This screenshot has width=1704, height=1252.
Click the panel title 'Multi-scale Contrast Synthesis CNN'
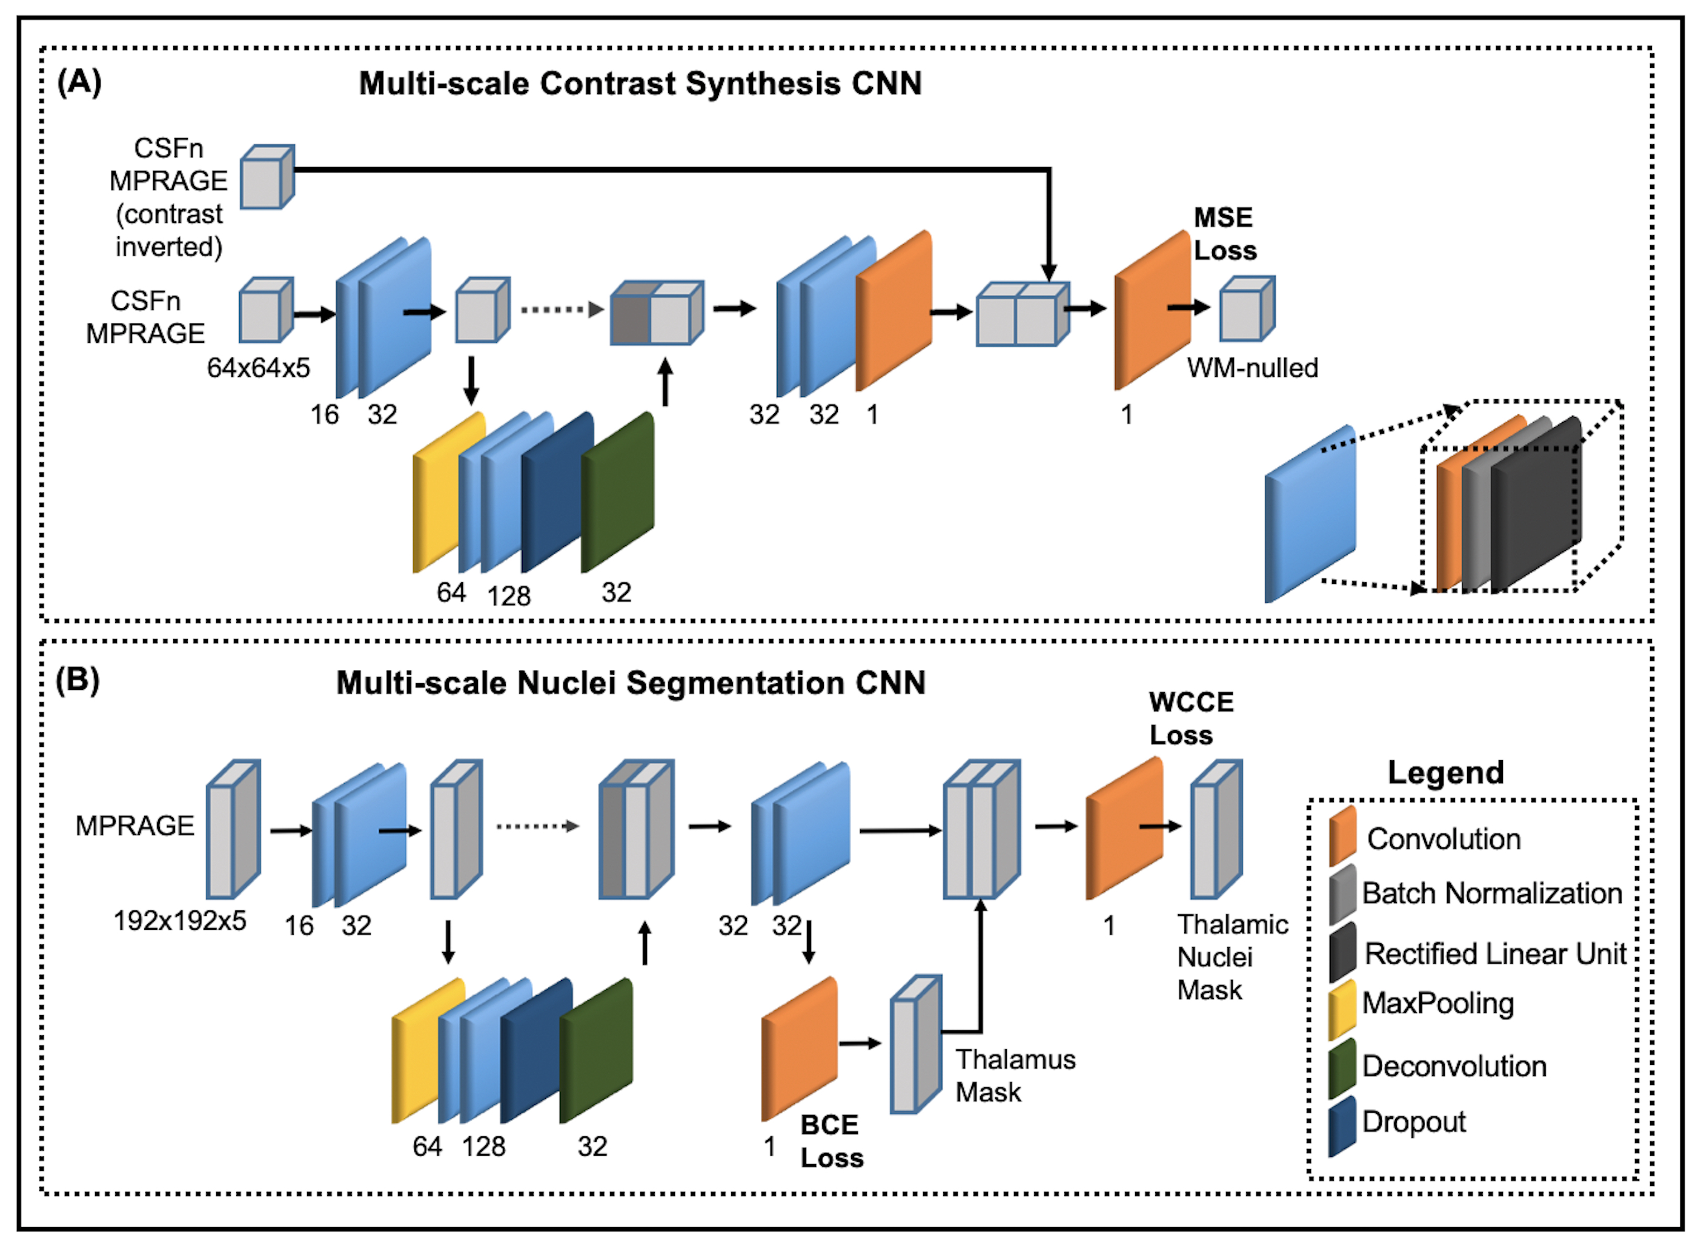[640, 84]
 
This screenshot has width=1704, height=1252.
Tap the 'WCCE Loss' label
[1190, 718]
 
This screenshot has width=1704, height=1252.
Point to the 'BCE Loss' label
[832, 1141]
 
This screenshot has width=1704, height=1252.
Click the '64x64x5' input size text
[259, 368]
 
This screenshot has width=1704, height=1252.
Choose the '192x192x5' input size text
[180, 920]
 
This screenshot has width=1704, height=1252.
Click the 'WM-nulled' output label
[1252, 368]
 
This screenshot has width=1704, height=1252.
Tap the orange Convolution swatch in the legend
[1342, 836]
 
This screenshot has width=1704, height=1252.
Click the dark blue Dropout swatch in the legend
[1342, 1126]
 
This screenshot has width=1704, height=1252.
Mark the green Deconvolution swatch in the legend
[1342, 1068]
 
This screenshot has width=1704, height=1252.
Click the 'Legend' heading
[1445, 772]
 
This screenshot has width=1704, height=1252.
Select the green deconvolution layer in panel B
[596, 1050]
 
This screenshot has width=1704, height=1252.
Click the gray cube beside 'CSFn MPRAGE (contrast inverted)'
[267, 177]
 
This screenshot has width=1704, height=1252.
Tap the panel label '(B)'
[78, 680]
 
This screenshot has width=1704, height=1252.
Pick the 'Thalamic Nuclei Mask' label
[1231, 956]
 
